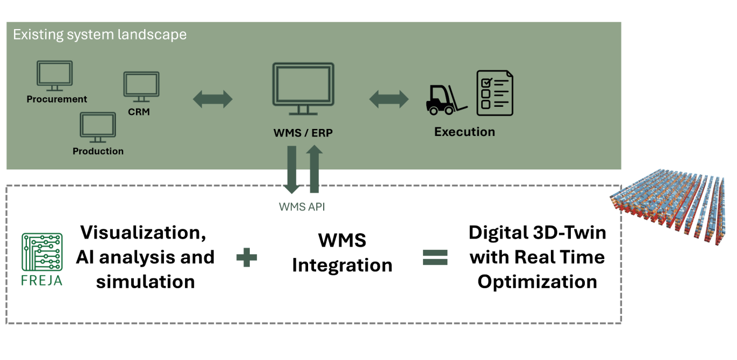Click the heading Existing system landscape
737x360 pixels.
coord(100,35)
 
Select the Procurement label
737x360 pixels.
coord(57,99)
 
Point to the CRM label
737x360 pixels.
coord(139,112)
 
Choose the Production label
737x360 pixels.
coord(98,151)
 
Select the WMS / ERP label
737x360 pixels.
coord(303,132)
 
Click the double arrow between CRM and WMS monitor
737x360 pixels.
coord(213,99)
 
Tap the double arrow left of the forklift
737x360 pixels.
coord(388,99)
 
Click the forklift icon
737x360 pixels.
coord(447,99)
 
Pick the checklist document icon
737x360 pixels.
coord(495,93)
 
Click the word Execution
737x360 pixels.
coord(465,132)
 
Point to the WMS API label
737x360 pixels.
coord(302,207)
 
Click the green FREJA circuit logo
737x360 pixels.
coord(42,252)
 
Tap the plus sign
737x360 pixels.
coord(247,258)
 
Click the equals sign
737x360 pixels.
coord(435,258)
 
